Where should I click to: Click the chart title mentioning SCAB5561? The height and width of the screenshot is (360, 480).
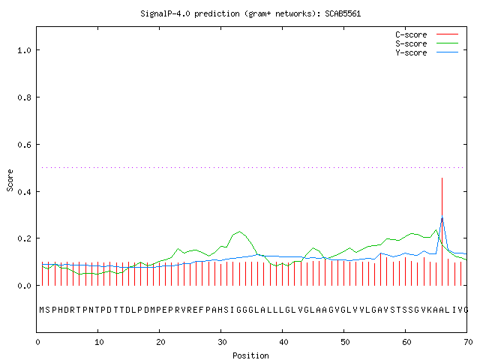250,13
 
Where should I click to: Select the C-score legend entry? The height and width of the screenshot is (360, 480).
427,34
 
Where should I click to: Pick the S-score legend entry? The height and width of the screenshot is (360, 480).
427,43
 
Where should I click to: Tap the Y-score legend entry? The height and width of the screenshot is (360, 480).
427,52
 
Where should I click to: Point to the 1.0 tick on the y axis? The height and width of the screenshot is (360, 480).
24,50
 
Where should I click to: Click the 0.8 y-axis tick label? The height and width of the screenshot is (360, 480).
24,97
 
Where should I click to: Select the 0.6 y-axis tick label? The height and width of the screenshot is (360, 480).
24,145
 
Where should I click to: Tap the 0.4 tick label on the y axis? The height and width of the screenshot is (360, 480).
24,192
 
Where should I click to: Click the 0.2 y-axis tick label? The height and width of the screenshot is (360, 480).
24,238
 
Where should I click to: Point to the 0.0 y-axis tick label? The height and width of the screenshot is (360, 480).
24,286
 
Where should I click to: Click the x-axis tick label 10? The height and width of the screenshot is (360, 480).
99,342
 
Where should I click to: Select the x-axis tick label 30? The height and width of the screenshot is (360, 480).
222,342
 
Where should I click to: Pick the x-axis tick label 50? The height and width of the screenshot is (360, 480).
345,342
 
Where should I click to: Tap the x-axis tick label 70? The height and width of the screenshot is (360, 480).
468,342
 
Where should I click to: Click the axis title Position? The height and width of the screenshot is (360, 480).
250,355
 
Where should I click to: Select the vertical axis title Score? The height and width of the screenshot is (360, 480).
10,180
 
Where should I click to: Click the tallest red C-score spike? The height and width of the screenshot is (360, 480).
442,232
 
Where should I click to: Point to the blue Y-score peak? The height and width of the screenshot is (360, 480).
442,217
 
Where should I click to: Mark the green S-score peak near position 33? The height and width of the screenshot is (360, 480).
239,232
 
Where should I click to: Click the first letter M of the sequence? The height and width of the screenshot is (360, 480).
42,310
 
